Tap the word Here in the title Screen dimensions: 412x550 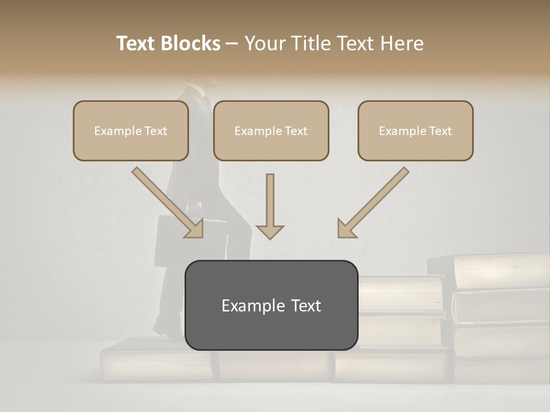click(401, 43)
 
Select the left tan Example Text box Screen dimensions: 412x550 click(131, 130)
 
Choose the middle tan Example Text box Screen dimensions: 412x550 click(271, 130)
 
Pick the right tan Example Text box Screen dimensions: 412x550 click(415, 130)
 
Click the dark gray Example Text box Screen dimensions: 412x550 click(271, 305)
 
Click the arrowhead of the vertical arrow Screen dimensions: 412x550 click(270, 231)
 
